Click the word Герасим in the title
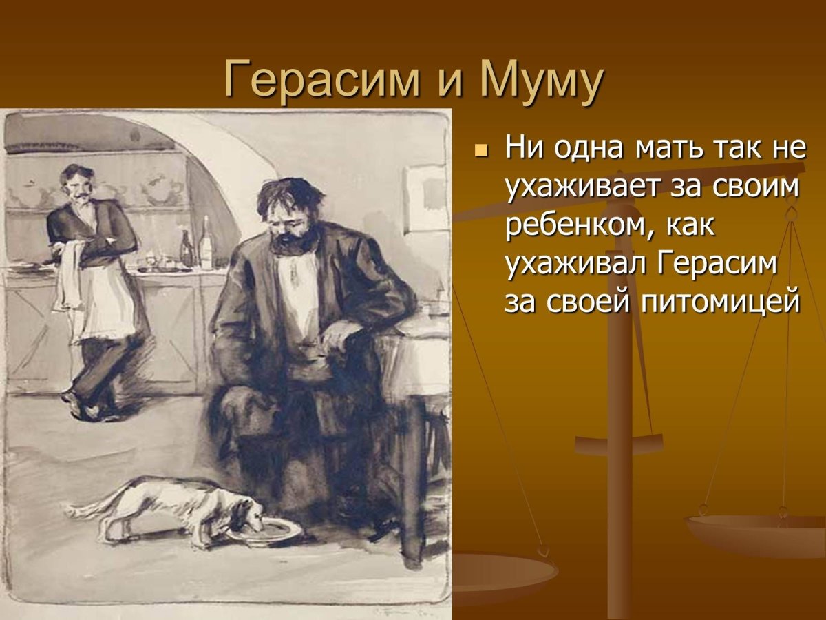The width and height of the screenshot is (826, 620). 321,80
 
